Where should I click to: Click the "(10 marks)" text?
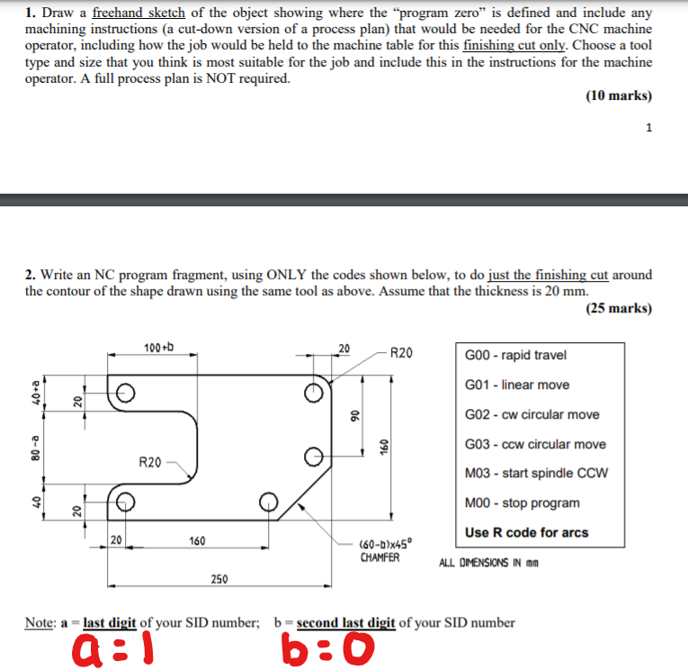[x=618, y=96]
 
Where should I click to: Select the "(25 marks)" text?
[x=618, y=309]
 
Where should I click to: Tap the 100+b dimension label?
[x=159, y=347]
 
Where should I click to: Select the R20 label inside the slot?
[x=150, y=462]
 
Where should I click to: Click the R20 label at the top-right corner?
[x=401, y=352]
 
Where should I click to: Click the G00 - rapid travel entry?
[x=515, y=355]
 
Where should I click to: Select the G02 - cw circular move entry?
[x=532, y=414]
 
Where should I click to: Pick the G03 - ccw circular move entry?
[x=535, y=444]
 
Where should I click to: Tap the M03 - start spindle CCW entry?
[x=536, y=474]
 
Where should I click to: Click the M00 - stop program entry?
[x=522, y=502]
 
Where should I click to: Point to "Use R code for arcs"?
[x=526, y=532]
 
